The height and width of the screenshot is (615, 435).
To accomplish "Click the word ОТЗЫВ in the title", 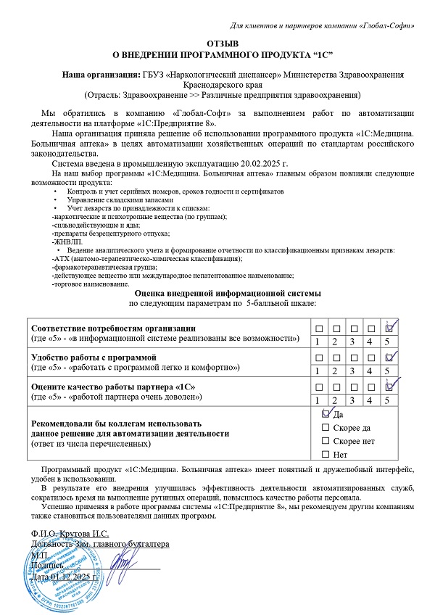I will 217,44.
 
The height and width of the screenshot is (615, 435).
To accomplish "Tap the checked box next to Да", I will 325,414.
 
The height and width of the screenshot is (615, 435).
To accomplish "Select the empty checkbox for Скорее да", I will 325,428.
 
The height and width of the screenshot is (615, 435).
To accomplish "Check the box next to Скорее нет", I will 325,441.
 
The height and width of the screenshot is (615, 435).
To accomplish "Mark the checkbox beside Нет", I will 325,455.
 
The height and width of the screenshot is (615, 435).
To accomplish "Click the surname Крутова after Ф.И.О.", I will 74,532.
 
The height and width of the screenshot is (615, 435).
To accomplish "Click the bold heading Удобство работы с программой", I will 93,358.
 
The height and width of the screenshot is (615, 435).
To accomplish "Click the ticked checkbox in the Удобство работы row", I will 391,357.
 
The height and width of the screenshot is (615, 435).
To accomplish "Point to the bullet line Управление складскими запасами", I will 120,199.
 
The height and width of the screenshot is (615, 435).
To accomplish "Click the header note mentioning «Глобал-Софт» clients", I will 322,26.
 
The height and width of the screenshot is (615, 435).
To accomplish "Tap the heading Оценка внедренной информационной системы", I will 217,292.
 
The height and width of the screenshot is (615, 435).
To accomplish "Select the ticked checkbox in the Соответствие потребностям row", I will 391,328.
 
